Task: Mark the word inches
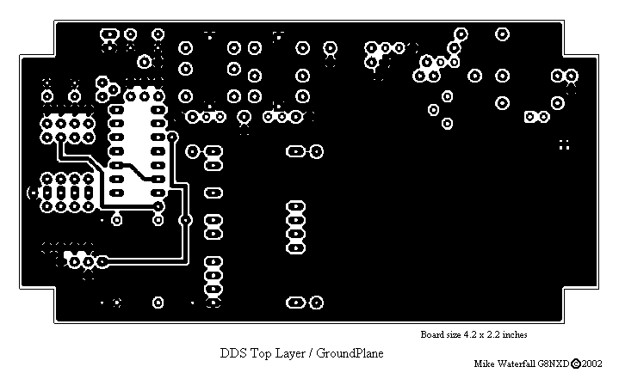point(515,334)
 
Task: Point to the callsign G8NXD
point(554,364)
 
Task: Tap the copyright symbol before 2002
point(576,364)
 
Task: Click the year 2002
point(591,364)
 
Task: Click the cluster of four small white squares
point(565,144)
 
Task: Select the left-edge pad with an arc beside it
point(34,193)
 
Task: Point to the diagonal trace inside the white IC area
point(136,172)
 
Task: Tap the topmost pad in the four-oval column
point(295,206)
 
